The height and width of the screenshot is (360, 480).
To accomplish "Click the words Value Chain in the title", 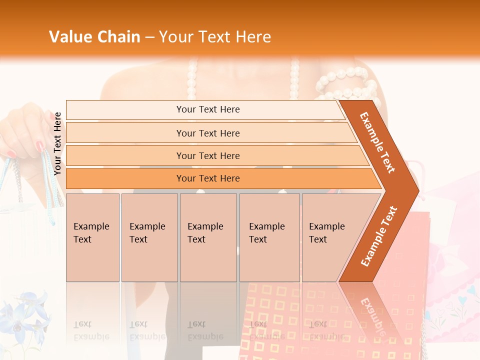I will click(94, 37).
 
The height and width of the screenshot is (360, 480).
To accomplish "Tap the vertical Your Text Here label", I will click(58, 144).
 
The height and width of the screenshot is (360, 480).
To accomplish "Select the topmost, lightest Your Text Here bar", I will click(207, 109).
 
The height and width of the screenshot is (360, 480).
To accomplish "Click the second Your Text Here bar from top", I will click(207, 133).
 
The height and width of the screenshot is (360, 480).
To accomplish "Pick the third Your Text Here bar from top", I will click(207, 155).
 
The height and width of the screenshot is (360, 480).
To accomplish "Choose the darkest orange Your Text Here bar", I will click(207, 178).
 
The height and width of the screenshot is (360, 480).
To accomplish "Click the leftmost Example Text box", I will click(92, 237).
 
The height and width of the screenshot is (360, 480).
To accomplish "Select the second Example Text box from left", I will click(149, 237).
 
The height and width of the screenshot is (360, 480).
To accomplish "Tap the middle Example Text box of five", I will click(208, 237).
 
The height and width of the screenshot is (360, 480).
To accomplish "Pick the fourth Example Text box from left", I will click(269, 237).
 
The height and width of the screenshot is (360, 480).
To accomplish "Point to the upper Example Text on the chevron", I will click(377, 142).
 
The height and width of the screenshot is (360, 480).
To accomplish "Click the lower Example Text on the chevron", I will click(379, 236).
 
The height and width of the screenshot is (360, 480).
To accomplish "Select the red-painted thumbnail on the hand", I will click(39, 146).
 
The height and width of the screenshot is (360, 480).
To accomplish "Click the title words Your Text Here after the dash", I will click(215, 37).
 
